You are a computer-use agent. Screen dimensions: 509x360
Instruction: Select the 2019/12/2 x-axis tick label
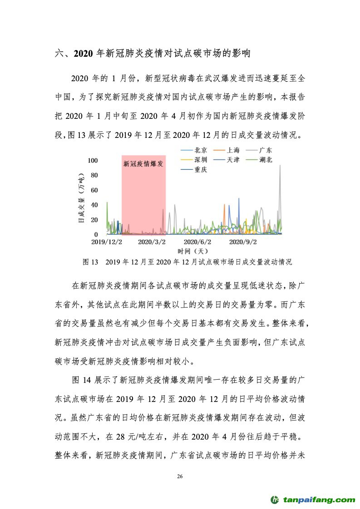(107, 242)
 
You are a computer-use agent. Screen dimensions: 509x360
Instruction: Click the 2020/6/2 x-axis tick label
(197, 242)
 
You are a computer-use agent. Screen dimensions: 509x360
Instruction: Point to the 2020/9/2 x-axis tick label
(243, 242)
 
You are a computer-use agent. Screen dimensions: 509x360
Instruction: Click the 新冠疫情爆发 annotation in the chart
(143, 164)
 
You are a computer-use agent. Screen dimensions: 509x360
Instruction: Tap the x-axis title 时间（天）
(192, 251)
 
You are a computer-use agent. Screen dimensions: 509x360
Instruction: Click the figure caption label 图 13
(90, 262)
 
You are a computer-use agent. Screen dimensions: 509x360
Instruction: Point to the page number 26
(180, 476)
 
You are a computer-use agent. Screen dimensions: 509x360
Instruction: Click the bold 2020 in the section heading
(83, 54)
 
